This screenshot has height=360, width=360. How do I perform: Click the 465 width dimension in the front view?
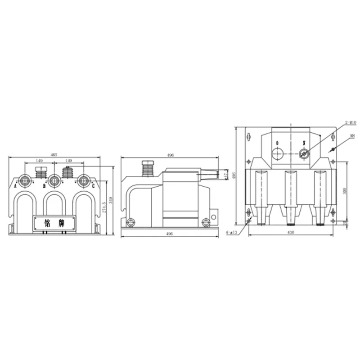click(x=54, y=154)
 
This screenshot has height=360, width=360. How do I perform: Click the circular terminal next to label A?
click(x=26, y=181)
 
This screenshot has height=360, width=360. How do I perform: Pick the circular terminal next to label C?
click(x=83, y=181)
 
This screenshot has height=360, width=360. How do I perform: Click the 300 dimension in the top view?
click(x=345, y=191)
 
